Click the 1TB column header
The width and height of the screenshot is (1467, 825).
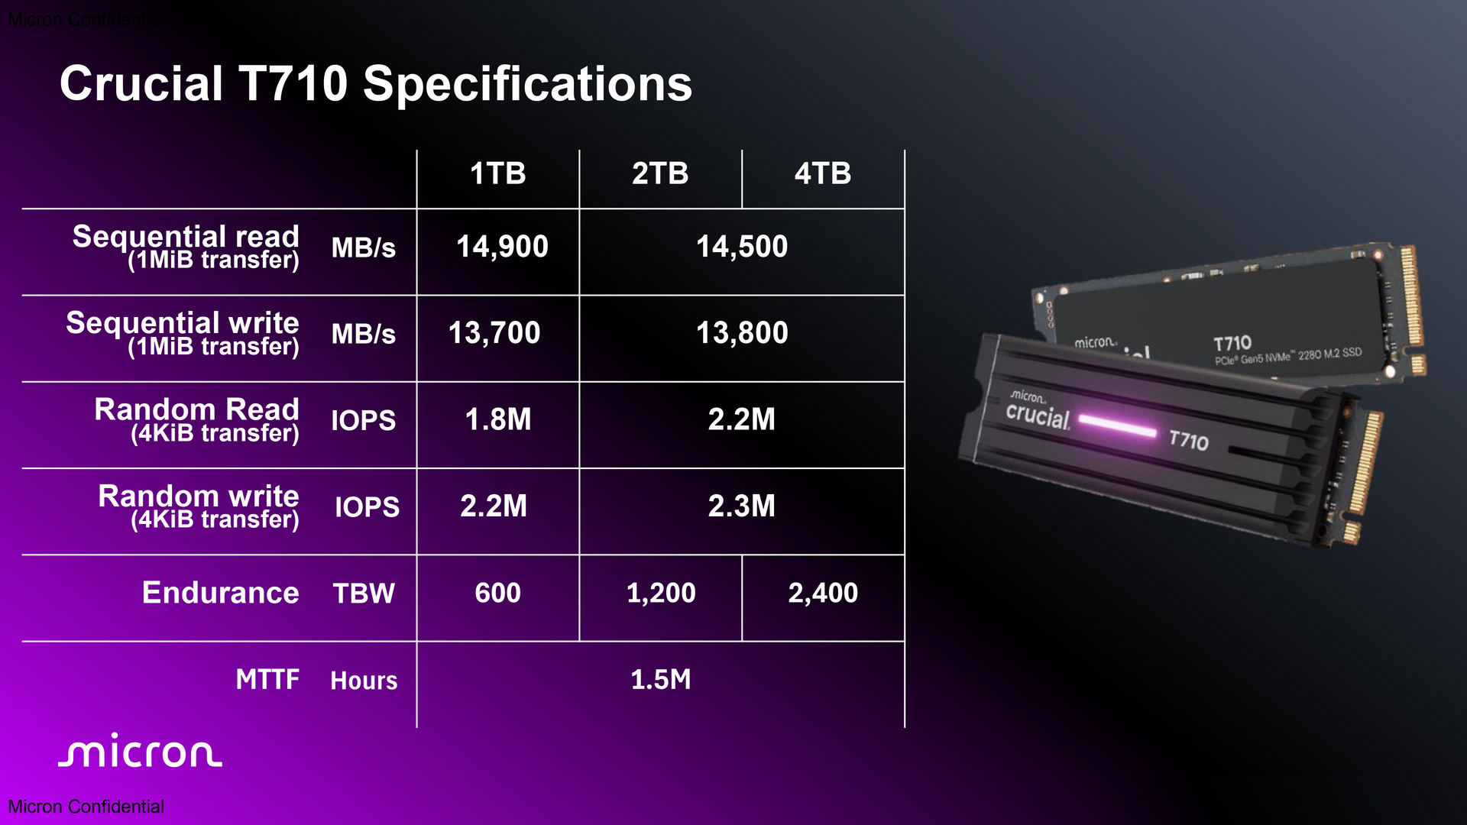click(498, 173)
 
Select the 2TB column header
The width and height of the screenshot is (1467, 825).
click(660, 173)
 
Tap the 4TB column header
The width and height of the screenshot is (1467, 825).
click(823, 173)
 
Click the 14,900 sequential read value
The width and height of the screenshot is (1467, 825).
click(502, 247)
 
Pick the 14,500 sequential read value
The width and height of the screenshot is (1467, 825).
click(742, 247)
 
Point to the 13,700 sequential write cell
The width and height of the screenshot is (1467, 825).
click(494, 333)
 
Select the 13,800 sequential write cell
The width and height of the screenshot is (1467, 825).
click(742, 333)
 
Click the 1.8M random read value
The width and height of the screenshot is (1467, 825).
click(498, 419)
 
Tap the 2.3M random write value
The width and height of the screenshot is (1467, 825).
click(742, 506)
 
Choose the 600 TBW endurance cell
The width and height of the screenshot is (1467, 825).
click(498, 593)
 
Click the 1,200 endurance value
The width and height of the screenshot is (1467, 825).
click(661, 593)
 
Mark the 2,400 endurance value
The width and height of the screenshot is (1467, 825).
click(823, 593)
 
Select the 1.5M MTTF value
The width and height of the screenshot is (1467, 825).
click(661, 679)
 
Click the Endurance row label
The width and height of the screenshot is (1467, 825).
click(221, 593)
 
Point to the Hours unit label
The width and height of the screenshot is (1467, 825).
click(364, 680)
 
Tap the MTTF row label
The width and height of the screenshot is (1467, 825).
click(267, 679)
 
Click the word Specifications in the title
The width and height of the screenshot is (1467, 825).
click(527, 84)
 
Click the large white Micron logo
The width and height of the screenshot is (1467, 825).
click(141, 750)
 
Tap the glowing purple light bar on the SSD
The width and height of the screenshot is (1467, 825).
click(1117, 425)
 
